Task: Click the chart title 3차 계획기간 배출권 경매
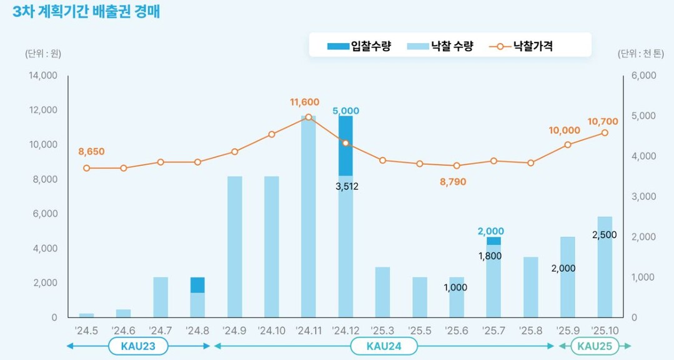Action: (86, 12)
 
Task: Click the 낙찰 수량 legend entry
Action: (440, 46)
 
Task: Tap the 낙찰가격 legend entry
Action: (523, 46)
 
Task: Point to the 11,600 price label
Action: (304, 102)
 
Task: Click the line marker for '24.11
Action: (309, 117)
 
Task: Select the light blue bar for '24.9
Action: (235, 246)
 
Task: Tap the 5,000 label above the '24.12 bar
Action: (346, 111)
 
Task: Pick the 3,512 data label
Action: (346, 186)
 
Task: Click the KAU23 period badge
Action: (138, 346)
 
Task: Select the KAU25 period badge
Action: (594, 346)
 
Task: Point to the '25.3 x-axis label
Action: (382, 329)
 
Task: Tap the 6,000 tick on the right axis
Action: (643, 76)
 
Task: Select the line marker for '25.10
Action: (605, 132)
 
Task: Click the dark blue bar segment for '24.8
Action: (197, 284)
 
